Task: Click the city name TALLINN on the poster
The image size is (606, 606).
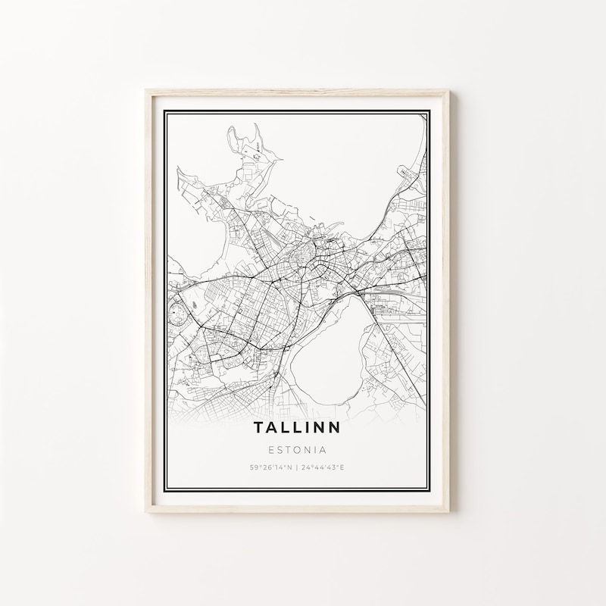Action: coord(297,427)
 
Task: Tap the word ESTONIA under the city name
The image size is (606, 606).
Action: coord(297,448)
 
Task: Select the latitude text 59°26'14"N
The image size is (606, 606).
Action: coord(270,467)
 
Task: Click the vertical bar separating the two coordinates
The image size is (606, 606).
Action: coord(297,467)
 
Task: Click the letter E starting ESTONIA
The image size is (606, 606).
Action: coord(271,448)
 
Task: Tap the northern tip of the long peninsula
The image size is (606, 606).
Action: coord(232,129)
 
